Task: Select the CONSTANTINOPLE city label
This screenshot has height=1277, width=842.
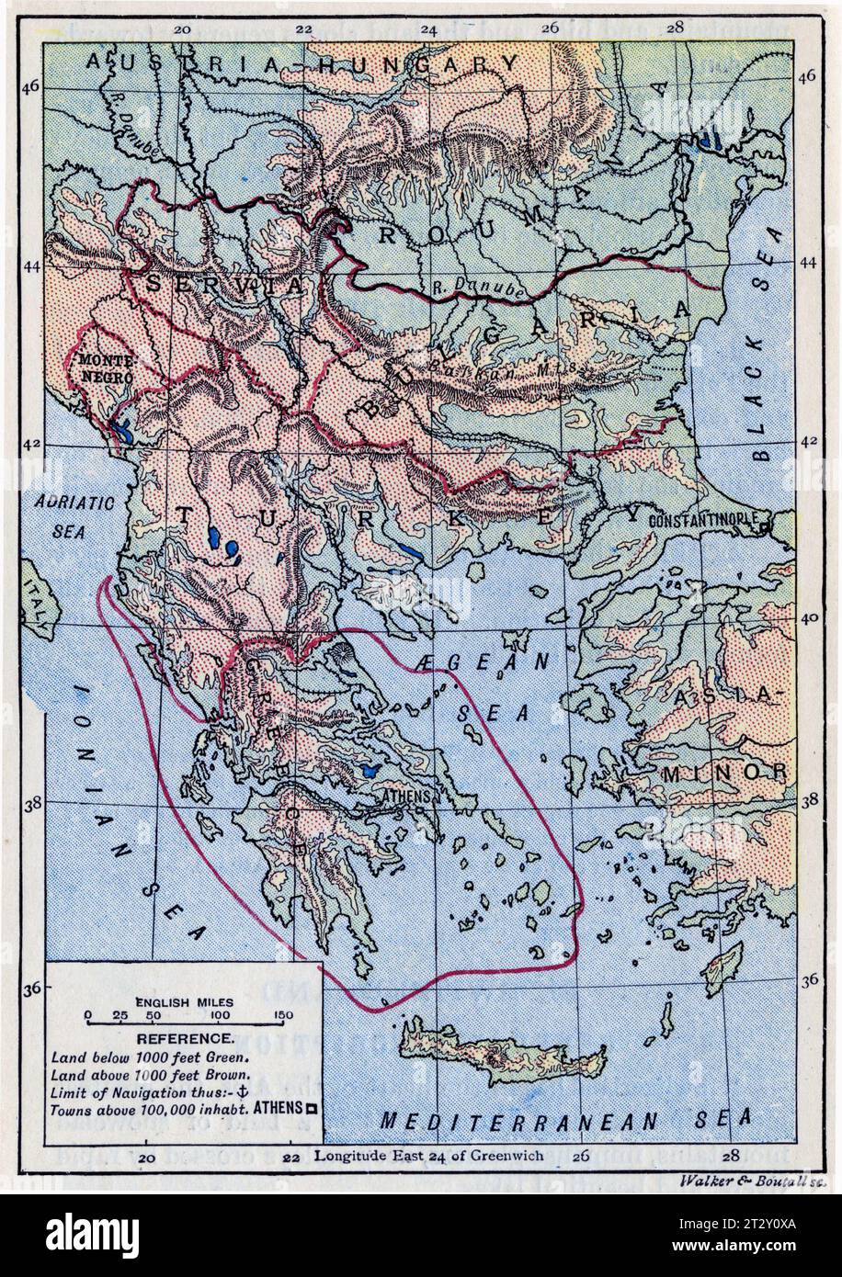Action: click(703, 520)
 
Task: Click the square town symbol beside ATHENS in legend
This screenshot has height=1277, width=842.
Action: click(312, 1109)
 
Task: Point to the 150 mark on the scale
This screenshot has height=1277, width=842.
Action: click(283, 1015)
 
